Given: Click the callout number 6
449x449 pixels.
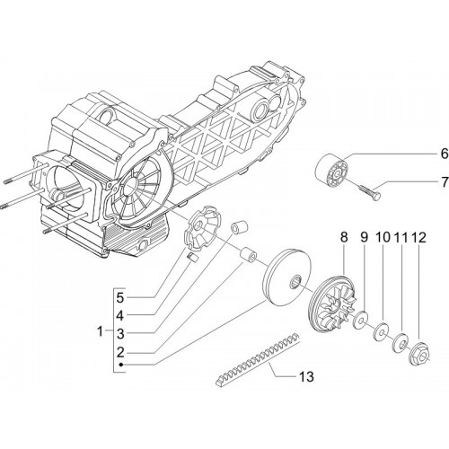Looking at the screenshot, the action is (445, 154).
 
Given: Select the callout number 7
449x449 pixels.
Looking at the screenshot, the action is (445, 181).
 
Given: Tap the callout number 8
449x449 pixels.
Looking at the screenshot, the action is (344, 237).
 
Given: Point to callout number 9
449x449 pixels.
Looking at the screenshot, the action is (364, 237).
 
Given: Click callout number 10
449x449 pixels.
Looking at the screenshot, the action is (383, 237).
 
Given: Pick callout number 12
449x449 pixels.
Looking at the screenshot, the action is (418, 237).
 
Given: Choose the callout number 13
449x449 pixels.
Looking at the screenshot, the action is (306, 376).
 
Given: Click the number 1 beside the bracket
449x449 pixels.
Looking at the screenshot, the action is (100, 331).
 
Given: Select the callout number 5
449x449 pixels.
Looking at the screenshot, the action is (120, 297).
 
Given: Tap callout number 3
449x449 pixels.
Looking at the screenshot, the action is (120, 334).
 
